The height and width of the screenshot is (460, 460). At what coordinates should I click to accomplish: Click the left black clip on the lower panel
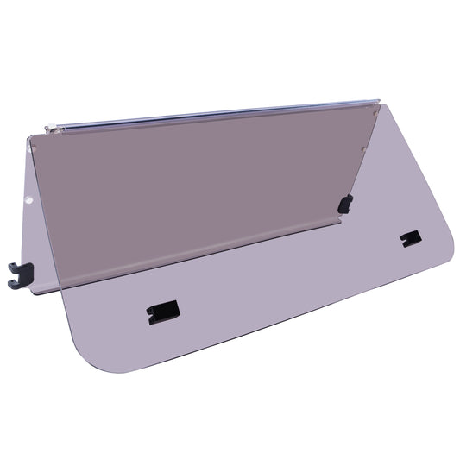(x=162, y=312)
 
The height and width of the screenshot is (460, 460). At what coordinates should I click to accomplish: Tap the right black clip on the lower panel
(x=411, y=238)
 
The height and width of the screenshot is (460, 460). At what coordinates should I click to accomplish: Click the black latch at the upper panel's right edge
(x=345, y=205)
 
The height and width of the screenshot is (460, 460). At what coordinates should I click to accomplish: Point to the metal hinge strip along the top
(x=216, y=116)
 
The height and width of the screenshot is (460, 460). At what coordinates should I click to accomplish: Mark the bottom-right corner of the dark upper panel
(x=339, y=217)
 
